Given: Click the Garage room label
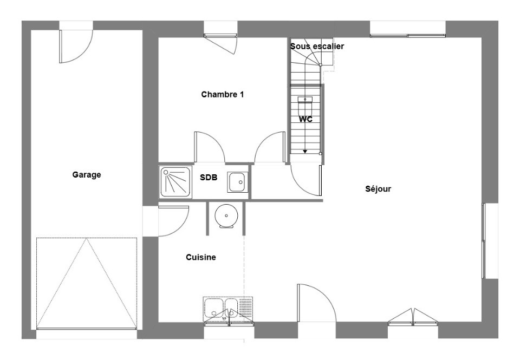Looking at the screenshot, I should [x=87, y=175].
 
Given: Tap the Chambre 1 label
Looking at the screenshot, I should [x=222, y=94].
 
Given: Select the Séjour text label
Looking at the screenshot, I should [x=378, y=189].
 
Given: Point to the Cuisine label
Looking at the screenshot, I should [x=201, y=257].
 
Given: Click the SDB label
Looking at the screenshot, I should [x=209, y=177].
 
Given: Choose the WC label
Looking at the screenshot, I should [x=306, y=119].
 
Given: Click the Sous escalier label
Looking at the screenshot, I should [x=317, y=47].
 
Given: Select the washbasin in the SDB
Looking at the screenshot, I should [x=238, y=181].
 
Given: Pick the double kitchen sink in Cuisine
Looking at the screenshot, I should [x=228, y=311].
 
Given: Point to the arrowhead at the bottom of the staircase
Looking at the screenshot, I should [x=305, y=152].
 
